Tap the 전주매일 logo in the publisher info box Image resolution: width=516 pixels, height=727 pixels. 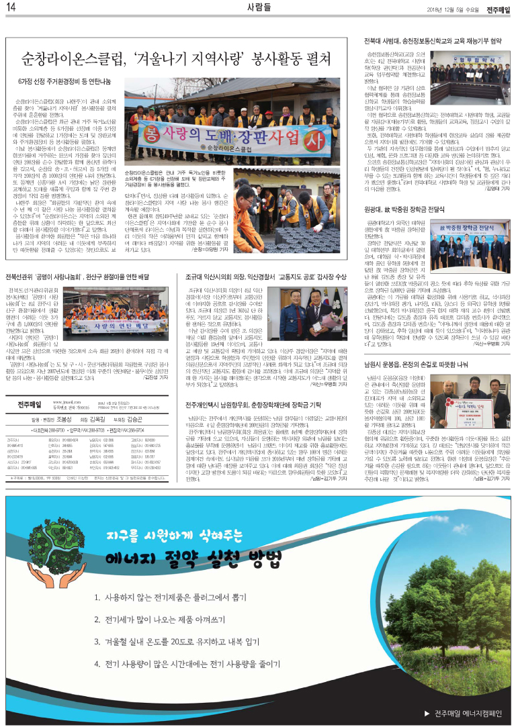click(x=32, y=404)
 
